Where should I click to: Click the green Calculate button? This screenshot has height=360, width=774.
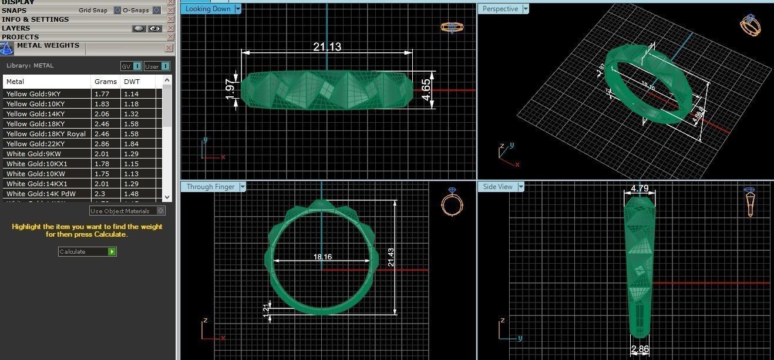(112, 251)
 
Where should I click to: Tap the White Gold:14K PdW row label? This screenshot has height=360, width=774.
(41, 194)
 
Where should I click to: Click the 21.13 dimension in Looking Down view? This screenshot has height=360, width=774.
(327, 46)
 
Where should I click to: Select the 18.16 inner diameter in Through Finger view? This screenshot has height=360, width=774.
(322, 257)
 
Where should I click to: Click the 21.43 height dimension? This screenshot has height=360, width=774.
(391, 257)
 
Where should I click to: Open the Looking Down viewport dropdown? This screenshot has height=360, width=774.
(238, 9)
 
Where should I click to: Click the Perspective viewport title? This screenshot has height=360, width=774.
(500, 9)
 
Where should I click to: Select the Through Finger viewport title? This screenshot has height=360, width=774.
(210, 187)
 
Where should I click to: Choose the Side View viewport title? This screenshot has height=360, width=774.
(497, 187)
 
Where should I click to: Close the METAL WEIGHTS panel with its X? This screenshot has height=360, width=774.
(169, 48)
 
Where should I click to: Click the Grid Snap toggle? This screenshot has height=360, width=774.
(117, 11)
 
